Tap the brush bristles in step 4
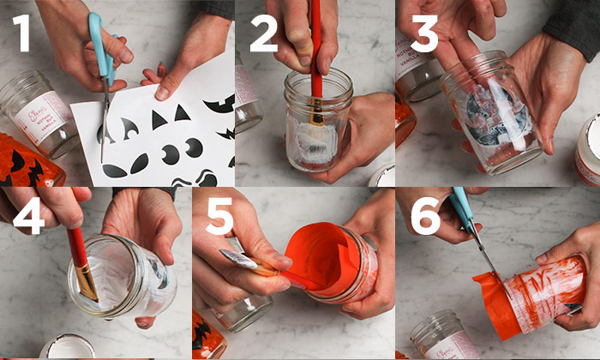click(x=87, y=283)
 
